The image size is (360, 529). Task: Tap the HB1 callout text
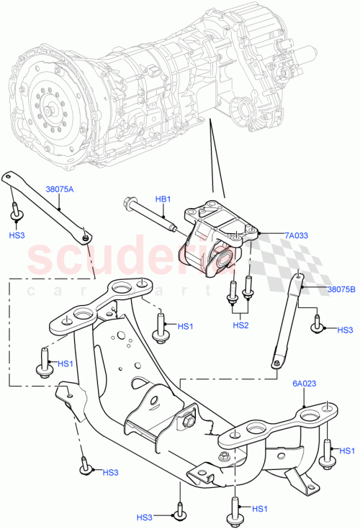coord(163,199)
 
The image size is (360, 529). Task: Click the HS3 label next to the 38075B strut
coord(346,330)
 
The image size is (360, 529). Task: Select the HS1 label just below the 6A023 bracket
coord(346,451)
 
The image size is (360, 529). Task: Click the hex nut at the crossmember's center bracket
coord(192,413)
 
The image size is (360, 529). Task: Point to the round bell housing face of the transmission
coord(50,94)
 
